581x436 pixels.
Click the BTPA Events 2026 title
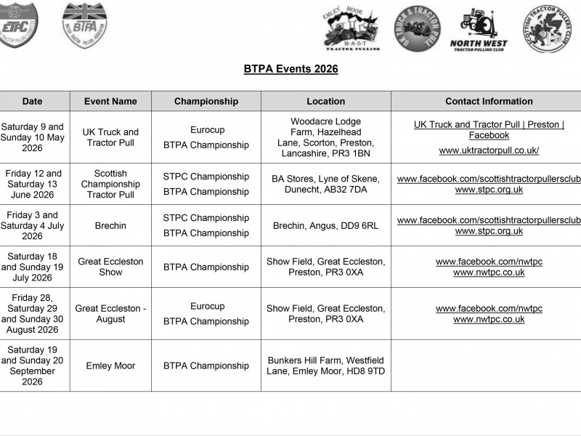click(290, 69)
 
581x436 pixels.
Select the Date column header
click(32, 102)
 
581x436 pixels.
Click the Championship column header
click(206, 102)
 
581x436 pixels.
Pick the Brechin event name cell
click(110, 226)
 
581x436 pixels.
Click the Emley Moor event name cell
click(110, 366)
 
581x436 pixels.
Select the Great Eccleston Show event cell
click(110, 267)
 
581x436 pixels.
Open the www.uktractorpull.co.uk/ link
click(489, 151)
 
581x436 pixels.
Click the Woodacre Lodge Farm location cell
click(325, 137)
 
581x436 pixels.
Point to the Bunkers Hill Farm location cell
click(325, 366)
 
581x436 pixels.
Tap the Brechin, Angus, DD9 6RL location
click(325, 226)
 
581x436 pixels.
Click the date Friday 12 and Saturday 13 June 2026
click(33, 185)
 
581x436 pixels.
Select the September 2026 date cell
click(33, 366)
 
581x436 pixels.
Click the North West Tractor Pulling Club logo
click(479, 30)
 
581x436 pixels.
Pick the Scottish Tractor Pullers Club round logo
click(550, 28)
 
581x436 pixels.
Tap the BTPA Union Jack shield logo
click(84, 25)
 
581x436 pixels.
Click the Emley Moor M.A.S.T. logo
click(350, 30)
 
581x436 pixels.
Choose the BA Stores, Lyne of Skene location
click(325, 185)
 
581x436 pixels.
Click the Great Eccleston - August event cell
click(110, 314)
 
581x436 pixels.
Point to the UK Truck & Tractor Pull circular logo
click(418, 29)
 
